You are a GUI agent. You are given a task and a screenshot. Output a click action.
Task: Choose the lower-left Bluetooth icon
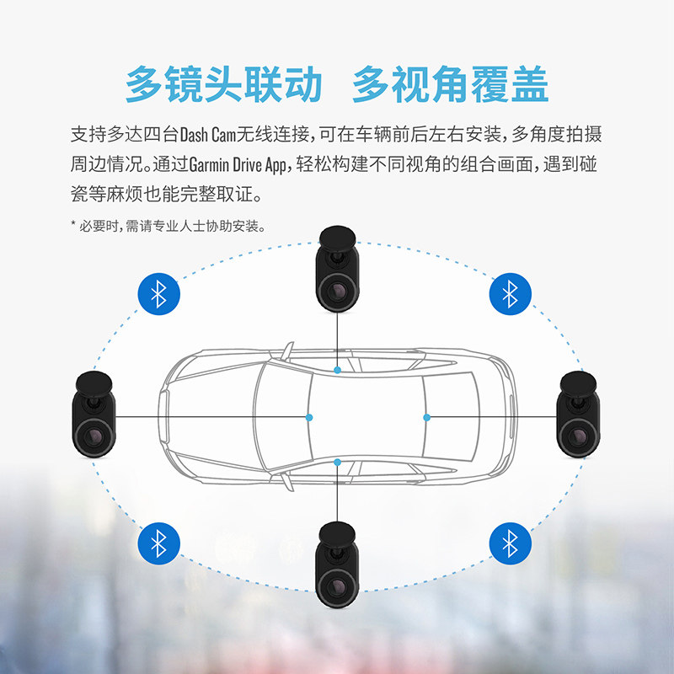coord(158,542)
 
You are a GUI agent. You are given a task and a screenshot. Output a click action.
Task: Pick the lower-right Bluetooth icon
coord(510,542)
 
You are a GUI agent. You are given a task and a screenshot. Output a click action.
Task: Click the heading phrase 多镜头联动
coord(223,84)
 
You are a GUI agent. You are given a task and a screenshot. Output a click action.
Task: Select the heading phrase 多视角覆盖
coord(451,84)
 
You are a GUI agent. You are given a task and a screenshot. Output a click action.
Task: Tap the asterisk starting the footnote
coord(73,226)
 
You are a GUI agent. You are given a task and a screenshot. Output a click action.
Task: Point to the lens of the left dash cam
coord(94,436)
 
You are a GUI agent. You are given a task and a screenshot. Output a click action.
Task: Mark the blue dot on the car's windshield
coord(309,417)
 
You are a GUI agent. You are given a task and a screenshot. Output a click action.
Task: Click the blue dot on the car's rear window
coord(426,417)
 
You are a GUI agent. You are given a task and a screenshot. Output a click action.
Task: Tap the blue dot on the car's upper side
coord(337,370)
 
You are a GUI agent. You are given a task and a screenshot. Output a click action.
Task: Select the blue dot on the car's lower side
coord(337,461)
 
